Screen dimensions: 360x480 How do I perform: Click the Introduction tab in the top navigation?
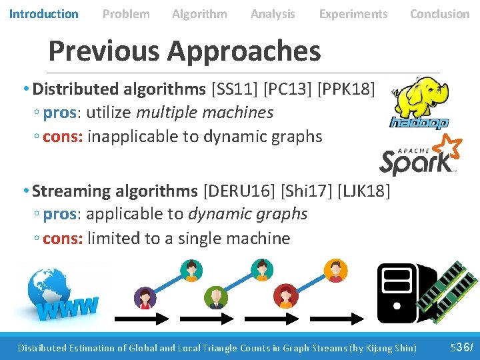(43, 13)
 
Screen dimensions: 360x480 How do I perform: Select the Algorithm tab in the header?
(199, 13)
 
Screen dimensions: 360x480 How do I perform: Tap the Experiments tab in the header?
(353, 13)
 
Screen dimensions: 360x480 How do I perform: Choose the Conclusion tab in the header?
(439, 13)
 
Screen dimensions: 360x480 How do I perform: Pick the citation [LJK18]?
(364, 191)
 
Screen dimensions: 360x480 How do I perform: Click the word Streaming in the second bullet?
(71, 191)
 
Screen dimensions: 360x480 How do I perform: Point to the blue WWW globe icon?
(56, 291)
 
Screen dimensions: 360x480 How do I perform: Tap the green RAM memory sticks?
(441, 287)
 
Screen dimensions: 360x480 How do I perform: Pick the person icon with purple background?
(145, 297)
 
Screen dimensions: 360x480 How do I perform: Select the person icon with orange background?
(335, 270)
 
